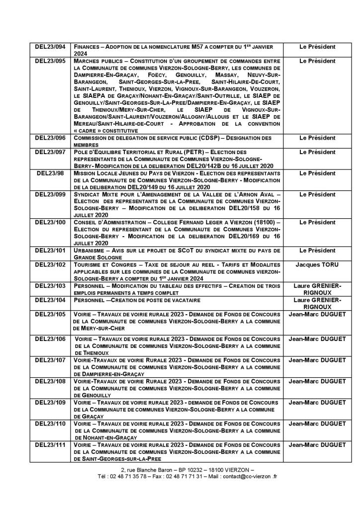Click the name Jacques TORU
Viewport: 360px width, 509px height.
[317, 265]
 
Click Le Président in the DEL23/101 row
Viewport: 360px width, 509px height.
[317, 251]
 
